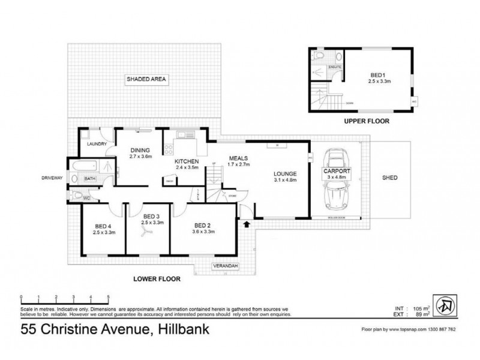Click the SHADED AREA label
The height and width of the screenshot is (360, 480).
146,79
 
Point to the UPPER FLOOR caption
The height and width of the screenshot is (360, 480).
367,121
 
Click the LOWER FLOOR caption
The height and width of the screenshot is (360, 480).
158,278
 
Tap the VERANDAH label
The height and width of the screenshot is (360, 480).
225,265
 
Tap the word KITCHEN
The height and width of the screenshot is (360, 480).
187,162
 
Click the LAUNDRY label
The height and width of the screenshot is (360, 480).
97,144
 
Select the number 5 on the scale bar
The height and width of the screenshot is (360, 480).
108,297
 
